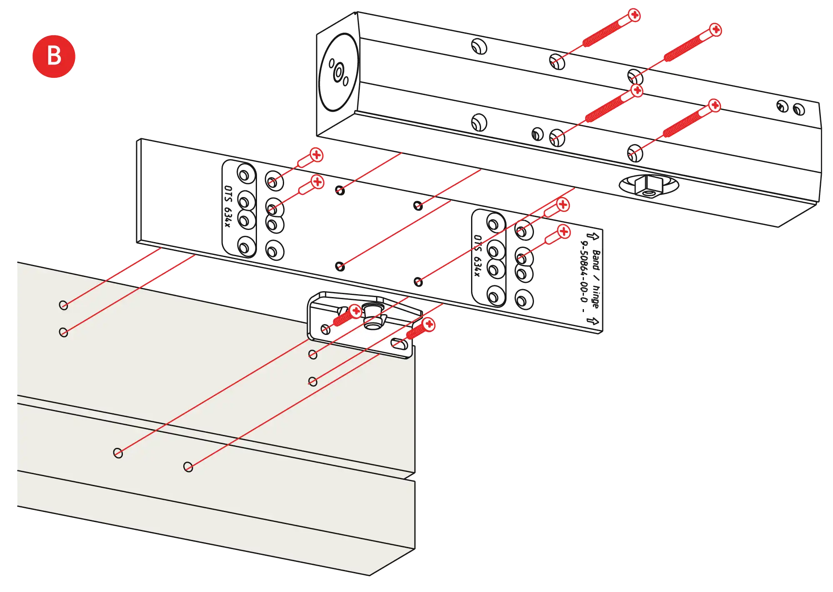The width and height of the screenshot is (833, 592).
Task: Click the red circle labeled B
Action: click(54, 56)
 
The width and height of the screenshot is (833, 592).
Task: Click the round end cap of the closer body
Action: click(338, 73)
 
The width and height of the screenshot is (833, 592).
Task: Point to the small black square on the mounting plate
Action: click(583, 310)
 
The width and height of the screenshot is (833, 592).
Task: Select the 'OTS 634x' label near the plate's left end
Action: click(227, 206)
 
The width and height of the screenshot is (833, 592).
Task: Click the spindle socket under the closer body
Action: click(648, 186)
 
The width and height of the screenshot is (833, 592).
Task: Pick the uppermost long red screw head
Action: click(634, 15)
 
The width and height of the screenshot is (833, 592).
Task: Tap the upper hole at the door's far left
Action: click(63, 305)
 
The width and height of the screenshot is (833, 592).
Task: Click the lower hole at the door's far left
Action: click(63, 332)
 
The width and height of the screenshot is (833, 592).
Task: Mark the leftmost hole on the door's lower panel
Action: click(118, 453)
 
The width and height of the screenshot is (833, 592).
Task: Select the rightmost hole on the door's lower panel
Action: click(188, 467)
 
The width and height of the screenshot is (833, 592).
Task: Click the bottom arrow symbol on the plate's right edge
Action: click(594, 321)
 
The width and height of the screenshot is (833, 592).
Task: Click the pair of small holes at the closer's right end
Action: click(791, 107)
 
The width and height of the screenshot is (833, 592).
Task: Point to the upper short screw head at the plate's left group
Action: click(317, 155)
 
